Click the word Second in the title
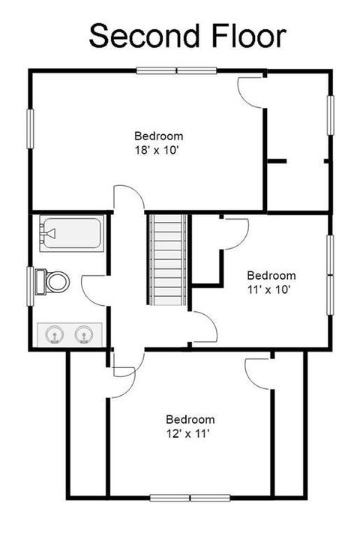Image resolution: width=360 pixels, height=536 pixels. [144, 35]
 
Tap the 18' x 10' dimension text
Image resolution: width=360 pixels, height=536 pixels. [157, 150]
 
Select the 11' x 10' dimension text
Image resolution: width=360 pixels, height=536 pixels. [268, 290]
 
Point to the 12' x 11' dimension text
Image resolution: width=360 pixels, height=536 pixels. [187, 434]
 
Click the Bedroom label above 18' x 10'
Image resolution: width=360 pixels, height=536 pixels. [159, 136]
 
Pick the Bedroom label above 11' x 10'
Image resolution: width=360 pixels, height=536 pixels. [271, 275]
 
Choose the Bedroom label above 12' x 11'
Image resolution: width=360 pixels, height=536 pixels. [190, 419]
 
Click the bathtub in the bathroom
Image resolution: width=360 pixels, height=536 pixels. [72, 234]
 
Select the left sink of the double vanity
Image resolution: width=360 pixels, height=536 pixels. [54, 334]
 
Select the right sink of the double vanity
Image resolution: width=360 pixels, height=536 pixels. [84, 334]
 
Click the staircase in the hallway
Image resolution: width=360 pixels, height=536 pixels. [167, 259]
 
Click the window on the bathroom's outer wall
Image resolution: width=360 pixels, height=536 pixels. [31, 286]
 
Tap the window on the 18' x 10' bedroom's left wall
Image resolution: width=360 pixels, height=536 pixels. [31, 129]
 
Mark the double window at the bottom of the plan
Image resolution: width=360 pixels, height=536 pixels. [190, 497]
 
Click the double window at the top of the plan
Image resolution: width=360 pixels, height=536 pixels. [177, 70]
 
